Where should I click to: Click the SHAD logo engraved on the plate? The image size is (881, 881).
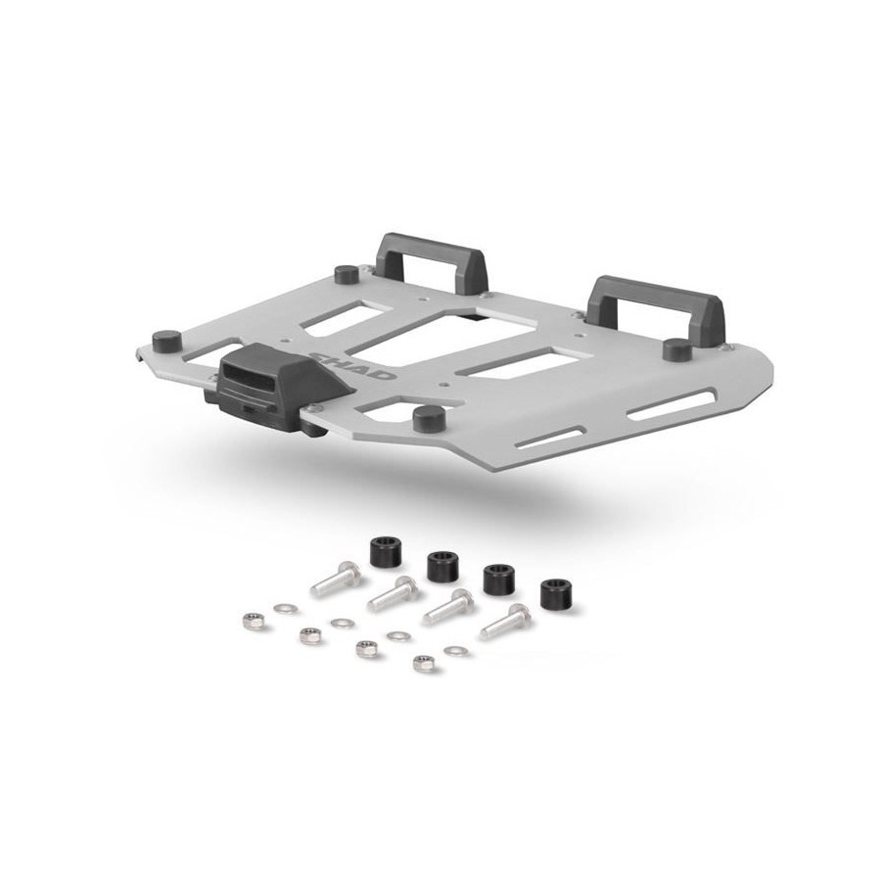point(352,366)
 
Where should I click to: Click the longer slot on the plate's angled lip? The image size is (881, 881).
point(671,405)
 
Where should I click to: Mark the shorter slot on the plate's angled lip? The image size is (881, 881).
point(550,438)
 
